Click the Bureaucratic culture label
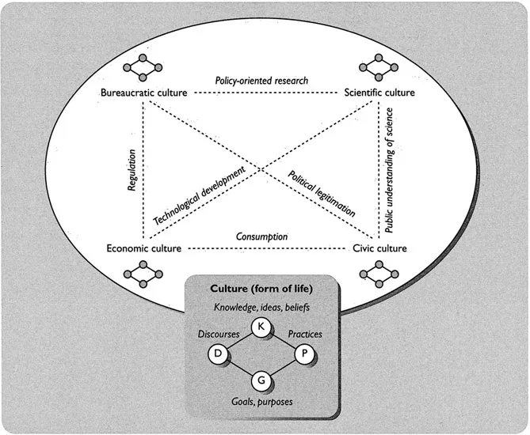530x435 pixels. pos(144,94)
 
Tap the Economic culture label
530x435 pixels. pos(144,248)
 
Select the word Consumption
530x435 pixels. pos(261,236)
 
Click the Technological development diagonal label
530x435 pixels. pos(208,195)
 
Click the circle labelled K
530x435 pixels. pos(261,327)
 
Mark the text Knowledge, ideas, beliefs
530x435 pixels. pos(262,305)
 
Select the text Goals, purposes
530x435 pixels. pos(262,402)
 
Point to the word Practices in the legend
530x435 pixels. pos(304,334)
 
